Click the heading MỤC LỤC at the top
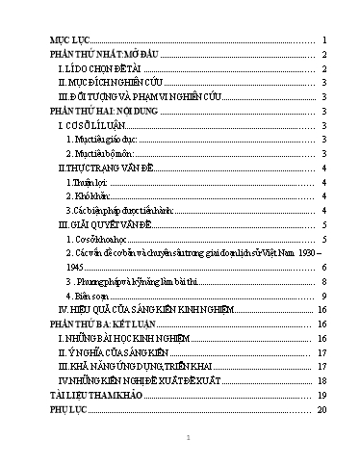coord(69,40)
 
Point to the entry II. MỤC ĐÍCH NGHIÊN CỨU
coord(110,84)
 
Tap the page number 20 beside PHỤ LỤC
coord(324,409)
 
